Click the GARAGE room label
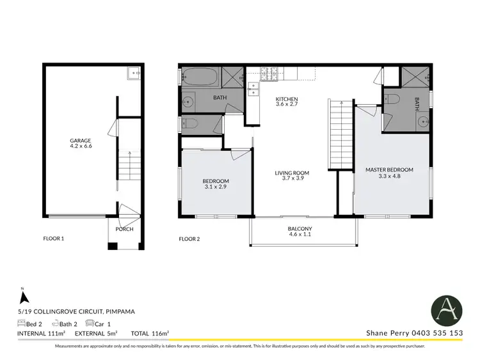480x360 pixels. [x=81, y=143]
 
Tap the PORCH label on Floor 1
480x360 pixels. [x=124, y=229]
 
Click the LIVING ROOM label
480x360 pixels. [x=292, y=175]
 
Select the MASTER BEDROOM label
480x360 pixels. [x=389, y=173]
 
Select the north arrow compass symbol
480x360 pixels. [x=24, y=297]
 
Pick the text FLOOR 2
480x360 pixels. [x=189, y=239]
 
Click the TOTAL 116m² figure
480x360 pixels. [x=150, y=333]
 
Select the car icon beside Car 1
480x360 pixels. [x=90, y=324]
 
